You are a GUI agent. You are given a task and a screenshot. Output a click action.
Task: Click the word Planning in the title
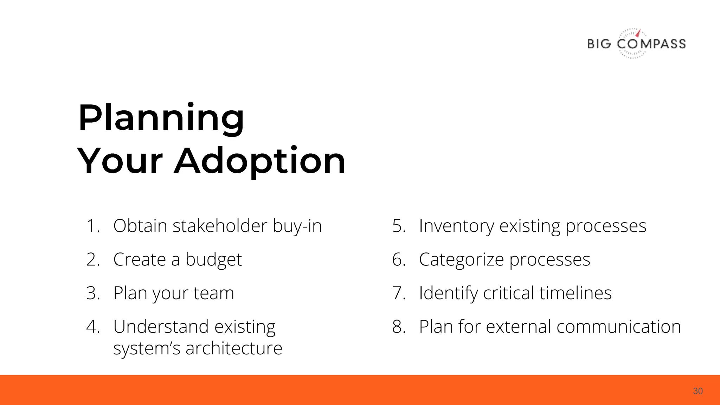[x=161, y=118]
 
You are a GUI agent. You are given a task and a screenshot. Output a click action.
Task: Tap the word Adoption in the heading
[x=260, y=161]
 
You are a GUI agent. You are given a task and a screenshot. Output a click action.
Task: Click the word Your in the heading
[x=120, y=161]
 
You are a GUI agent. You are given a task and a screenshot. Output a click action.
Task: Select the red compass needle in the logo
[x=638, y=33]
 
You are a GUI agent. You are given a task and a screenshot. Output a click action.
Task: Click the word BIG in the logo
[x=599, y=44]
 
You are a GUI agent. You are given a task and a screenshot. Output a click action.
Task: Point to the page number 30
[x=697, y=391]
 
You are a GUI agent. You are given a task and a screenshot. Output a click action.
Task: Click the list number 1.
[x=92, y=226]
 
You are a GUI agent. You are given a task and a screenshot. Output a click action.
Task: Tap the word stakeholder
[x=220, y=226]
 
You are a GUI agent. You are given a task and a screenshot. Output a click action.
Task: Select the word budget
[x=213, y=260]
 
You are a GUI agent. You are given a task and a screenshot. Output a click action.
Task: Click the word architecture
[x=234, y=348]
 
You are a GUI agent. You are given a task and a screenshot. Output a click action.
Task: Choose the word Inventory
[x=456, y=226]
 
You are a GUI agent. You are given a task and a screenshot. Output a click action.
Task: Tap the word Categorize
[x=461, y=260]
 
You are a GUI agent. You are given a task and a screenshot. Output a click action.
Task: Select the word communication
[x=619, y=327]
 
